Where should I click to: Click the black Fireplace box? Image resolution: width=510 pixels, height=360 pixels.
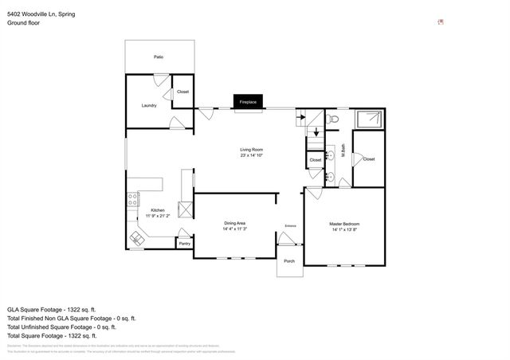(x=248, y=102)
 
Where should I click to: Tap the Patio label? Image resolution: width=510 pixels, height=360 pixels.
(x=159, y=57)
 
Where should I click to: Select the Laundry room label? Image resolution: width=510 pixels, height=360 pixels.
(x=149, y=105)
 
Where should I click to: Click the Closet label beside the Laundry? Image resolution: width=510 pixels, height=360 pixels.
(x=182, y=92)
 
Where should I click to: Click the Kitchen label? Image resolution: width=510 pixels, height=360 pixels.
(x=157, y=210)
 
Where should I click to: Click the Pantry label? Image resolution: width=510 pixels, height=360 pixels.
(x=184, y=244)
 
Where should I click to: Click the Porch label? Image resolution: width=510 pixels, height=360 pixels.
(x=289, y=261)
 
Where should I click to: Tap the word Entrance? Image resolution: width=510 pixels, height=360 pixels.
(x=290, y=226)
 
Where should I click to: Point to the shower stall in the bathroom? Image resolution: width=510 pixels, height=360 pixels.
(x=370, y=119)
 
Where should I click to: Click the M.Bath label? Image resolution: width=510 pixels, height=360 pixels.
(x=343, y=148)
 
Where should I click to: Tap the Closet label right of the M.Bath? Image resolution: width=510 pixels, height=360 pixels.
(x=368, y=159)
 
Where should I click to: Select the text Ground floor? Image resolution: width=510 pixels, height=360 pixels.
(x=24, y=23)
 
